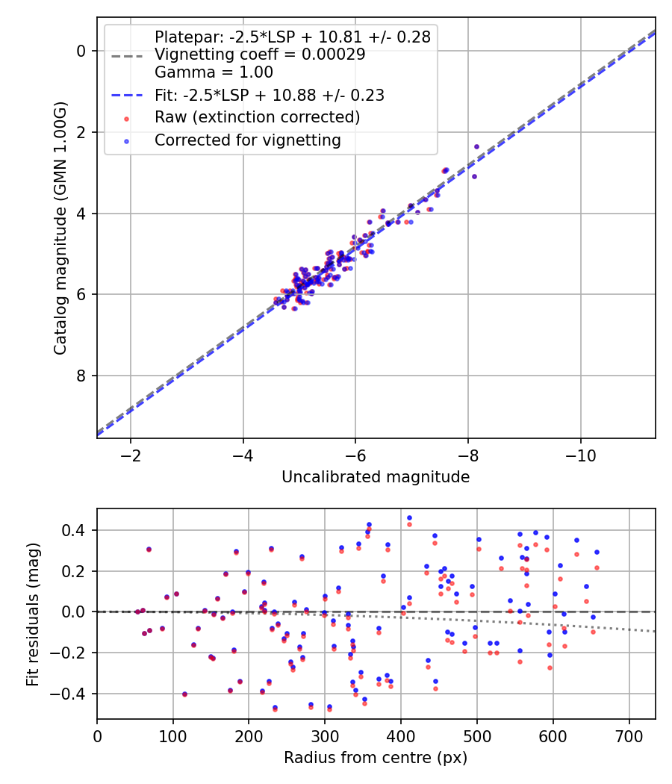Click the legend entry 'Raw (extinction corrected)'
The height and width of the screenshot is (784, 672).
point(257,117)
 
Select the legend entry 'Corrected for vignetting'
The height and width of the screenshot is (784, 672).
point(247,140)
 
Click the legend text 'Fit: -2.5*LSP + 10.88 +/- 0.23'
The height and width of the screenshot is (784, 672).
point(269,95)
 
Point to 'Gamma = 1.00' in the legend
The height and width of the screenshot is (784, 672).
point(214,72)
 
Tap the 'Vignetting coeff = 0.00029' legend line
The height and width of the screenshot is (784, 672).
point(260,55)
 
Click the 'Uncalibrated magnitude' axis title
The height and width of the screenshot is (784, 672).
point(376,477)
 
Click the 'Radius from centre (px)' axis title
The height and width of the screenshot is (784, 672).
point(376,758)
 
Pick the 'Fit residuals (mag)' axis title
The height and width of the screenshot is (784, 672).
point(32,614)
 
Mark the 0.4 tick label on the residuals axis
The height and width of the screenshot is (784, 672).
point(76,530)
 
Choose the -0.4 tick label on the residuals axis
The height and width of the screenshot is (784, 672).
point(72,694)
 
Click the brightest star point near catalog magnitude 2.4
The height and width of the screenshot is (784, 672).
point(476,146)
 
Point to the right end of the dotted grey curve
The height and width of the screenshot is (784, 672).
point(655,632)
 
